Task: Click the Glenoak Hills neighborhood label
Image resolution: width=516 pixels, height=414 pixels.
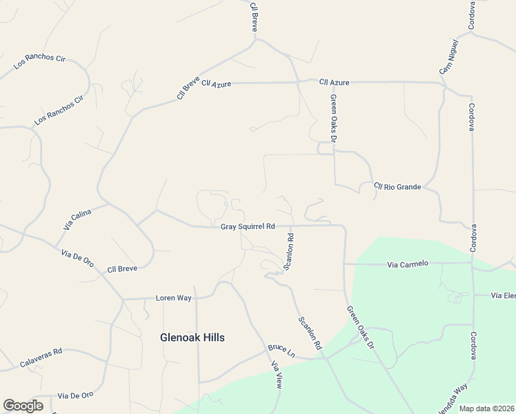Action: [192, 337]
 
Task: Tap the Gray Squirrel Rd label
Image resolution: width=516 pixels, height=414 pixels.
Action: [248, 226]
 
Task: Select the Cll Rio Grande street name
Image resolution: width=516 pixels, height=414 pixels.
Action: [397, 186]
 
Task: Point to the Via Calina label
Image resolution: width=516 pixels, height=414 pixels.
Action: [77, 219]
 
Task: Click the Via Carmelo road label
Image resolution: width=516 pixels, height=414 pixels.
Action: [408, 264]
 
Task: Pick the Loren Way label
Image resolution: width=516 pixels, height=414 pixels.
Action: [174, 298]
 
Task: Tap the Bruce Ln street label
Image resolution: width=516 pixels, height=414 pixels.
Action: [281, 351]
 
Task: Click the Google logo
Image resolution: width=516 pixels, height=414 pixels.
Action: [23, 406]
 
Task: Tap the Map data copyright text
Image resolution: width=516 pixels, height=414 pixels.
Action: [487, 408]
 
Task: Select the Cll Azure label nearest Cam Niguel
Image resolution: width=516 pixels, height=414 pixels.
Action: [335, 83]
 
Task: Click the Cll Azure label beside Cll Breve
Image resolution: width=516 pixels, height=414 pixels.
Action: [217, 83]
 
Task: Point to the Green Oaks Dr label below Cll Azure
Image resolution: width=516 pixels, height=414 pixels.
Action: [333, 118]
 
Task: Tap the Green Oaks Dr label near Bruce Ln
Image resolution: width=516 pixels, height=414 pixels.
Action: [359, 326]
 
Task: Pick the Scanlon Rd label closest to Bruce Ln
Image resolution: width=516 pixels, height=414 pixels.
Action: [310, 331]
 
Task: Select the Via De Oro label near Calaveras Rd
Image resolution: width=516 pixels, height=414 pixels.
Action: [76, 395]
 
